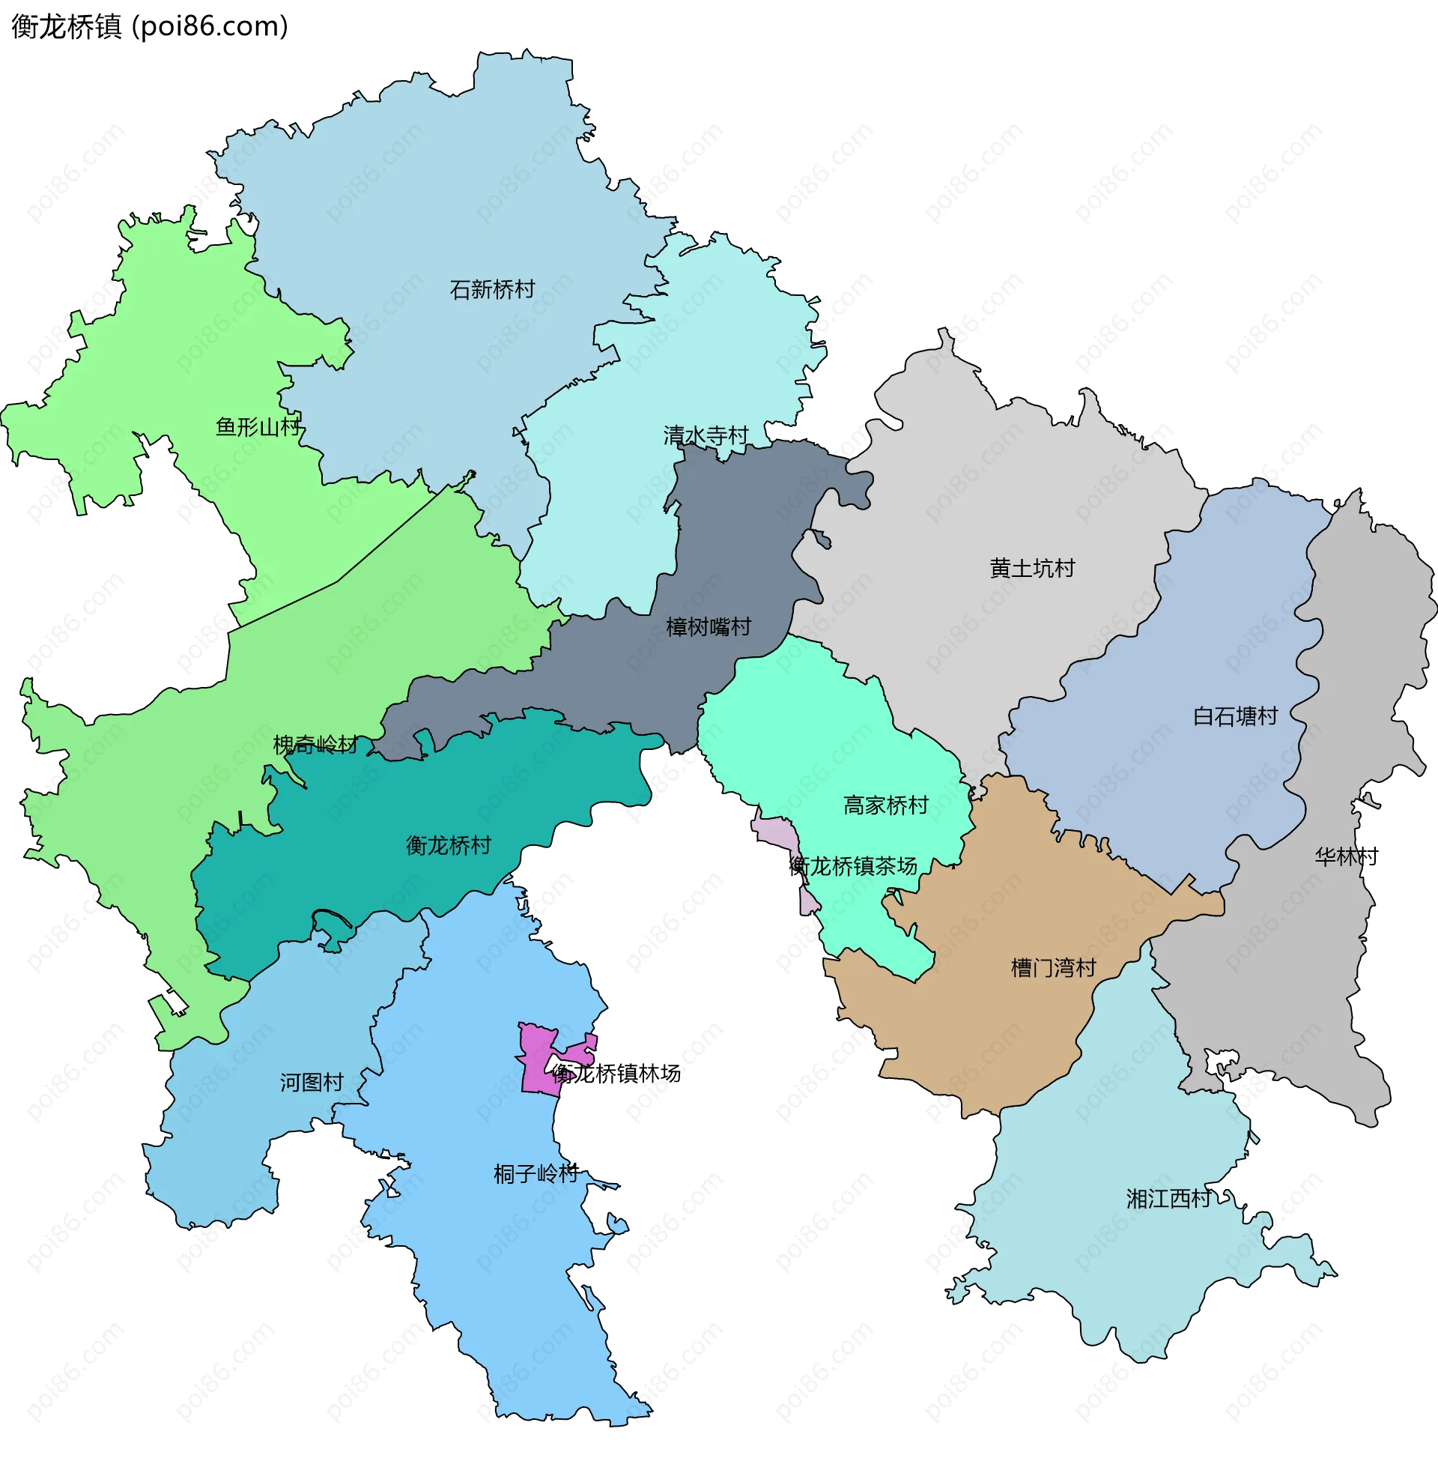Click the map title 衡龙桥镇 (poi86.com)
click(150, 27)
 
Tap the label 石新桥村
click(491, 289)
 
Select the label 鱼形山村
click(258, 427)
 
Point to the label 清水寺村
click(706, 436)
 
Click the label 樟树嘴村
click(709, 627)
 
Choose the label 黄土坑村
click(1031, 568)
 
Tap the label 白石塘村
click(1235, 716)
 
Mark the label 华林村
click(1346, 856)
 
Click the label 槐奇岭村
click(315, 745)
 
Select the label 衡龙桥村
click(449, 844)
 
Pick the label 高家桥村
click(885, 805)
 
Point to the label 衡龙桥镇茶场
click(852, 865)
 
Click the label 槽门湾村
click(1053, 967)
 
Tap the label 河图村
click(312, 1083)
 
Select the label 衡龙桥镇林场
click(616, 1074)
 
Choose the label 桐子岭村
click(536, 1173)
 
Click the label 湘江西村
click(1168, 1199)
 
